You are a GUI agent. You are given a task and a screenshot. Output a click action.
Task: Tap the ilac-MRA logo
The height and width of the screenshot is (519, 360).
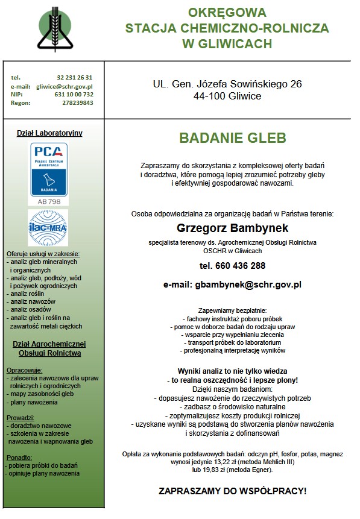(49, 227)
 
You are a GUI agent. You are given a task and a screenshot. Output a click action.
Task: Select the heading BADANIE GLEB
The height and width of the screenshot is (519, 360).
(232, 139)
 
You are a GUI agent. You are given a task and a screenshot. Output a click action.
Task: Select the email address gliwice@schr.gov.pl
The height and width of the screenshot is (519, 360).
(65, 86)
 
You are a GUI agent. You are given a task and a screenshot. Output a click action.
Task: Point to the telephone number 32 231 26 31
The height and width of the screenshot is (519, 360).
(75, 78)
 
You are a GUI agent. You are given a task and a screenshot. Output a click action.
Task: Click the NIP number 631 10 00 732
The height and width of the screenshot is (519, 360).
(74, 95)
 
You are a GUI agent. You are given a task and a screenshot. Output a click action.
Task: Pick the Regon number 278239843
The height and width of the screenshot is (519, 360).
(77, 103)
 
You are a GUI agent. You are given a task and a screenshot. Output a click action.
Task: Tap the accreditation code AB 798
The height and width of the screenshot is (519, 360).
(49, 201)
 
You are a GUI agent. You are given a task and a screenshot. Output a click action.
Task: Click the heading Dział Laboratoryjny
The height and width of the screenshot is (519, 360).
(49, 133)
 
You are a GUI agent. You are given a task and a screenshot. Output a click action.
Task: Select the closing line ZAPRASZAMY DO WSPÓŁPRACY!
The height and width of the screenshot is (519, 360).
(232, 491)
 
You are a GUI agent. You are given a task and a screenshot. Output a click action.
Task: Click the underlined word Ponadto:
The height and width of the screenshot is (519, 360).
(19, 457)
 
